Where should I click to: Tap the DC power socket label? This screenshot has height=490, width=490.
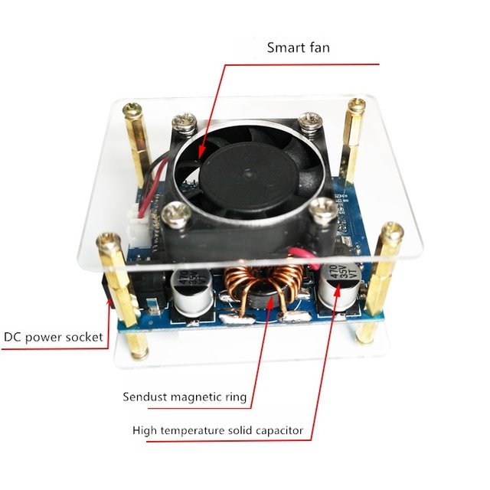pyautogui.click(x=54, y=336)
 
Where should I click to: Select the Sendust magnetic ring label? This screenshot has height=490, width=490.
pyautogui.click(x=185, y=397)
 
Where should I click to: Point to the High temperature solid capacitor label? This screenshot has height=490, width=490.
pyautogui.click(x=217, y=431)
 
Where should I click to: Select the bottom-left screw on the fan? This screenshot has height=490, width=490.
pyautogui.click(x=175, y=215)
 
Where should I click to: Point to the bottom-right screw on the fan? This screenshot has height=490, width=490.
pyautogui.click(x=325, y=207)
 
